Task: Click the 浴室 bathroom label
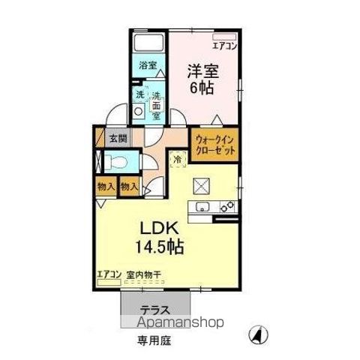tap(148, 65)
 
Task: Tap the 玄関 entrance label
tap(117, 138)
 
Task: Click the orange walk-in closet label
tap(216, 144)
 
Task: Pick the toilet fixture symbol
tap(115, 161)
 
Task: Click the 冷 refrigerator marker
tap(178, 159)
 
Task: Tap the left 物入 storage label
tap(106, 186)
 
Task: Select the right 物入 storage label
tap(129, 186)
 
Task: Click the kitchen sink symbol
tap(201, 208)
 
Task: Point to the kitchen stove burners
tap(228, 205)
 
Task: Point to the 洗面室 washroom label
tap(156, 105)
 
